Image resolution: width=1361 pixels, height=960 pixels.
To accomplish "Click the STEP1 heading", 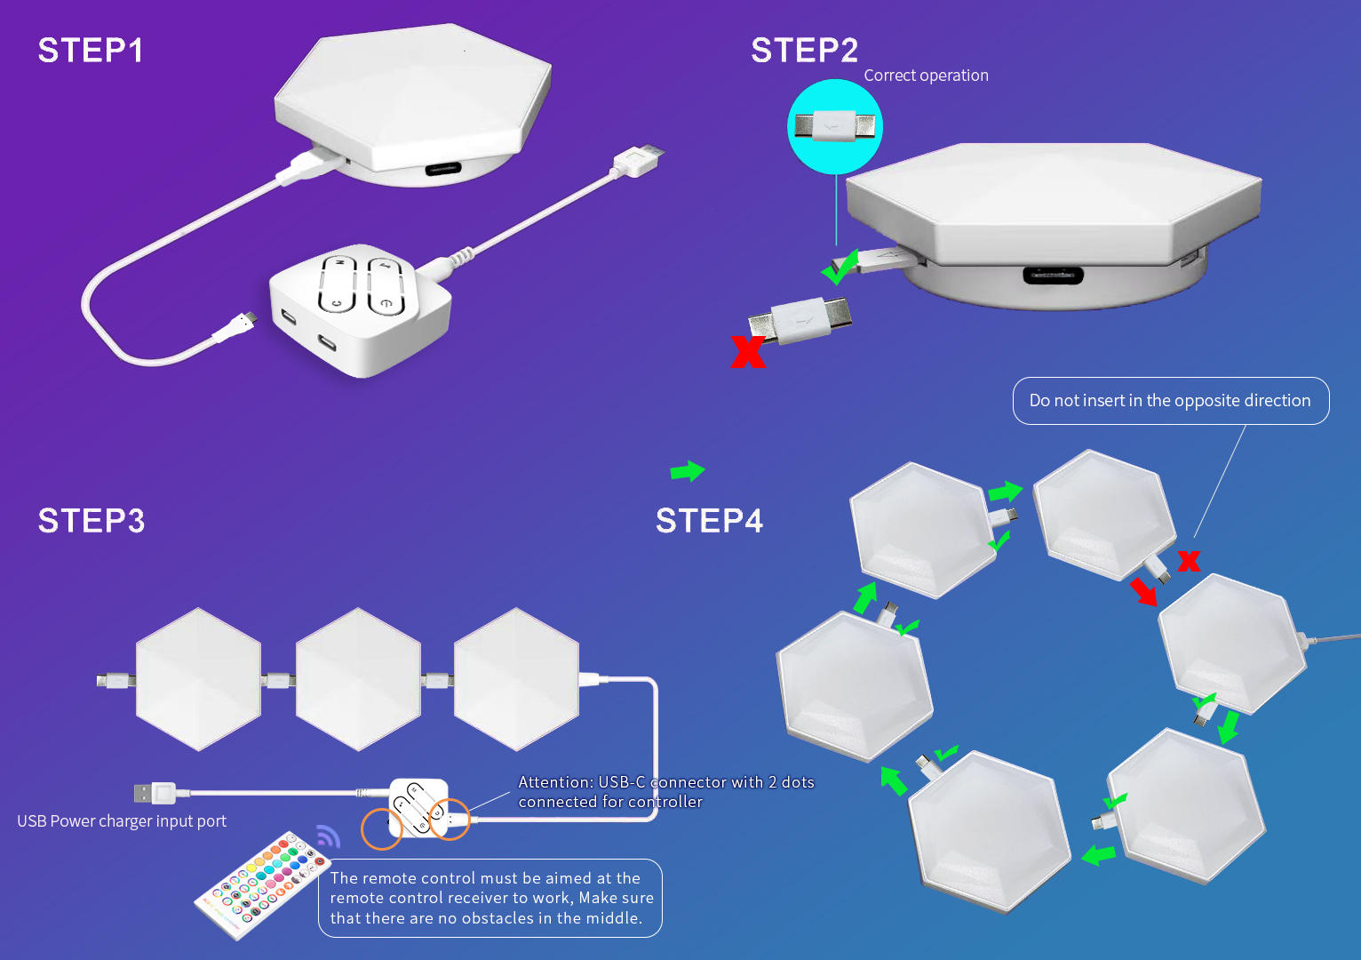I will (x=90, y=51).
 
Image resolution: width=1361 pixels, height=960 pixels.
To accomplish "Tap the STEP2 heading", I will (x=804, y=51).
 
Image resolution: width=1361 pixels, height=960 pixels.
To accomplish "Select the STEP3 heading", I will (x=91, y=521).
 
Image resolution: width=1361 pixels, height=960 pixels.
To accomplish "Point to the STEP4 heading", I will (x=709, y=521).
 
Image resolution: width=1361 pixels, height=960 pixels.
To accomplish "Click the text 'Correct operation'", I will (x=926, y=76).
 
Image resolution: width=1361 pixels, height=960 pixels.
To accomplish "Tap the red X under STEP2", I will (x=747, y=351).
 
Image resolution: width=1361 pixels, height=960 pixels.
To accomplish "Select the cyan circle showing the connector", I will (x=834, y=126).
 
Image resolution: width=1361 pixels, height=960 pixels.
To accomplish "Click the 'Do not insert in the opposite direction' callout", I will (x=1170, y=401).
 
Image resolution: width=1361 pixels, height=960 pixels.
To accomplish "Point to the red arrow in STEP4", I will (x=1143, y=591).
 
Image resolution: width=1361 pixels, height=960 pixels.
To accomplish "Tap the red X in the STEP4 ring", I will (x=1189, y=560).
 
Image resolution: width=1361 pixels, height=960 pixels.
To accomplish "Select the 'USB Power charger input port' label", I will (x=122, y=821).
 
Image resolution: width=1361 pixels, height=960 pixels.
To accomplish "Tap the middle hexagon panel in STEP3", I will (x=358, y=679).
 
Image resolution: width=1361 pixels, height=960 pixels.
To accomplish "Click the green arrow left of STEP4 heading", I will (x=687, y=470).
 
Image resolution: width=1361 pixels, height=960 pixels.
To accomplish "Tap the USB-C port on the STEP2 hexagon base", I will (x=1053, y=275).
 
